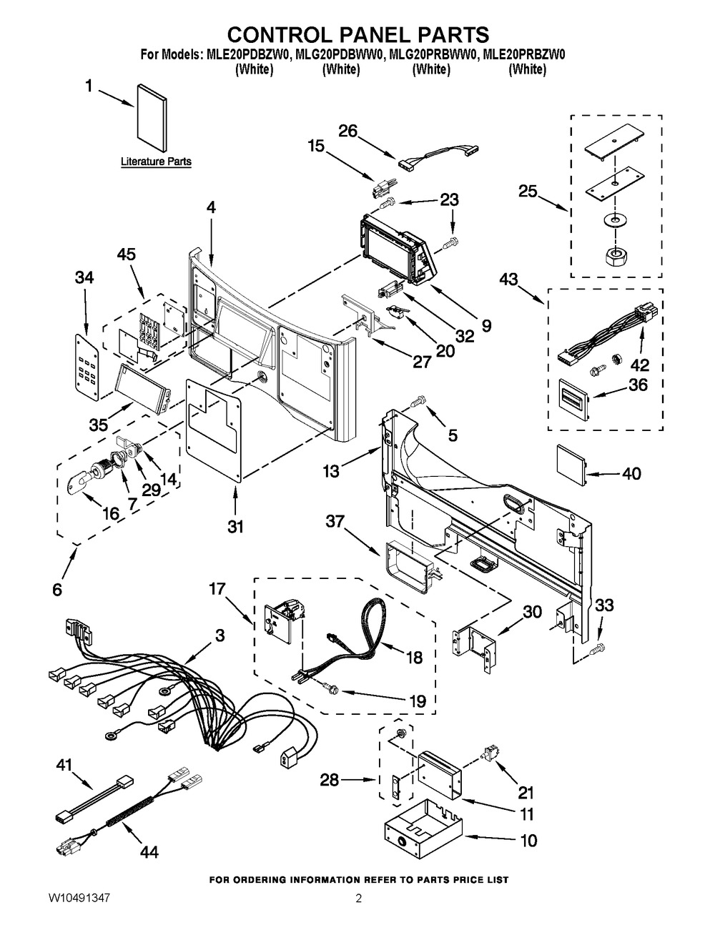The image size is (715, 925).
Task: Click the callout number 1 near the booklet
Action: pyautogui.click(x=89, y=86)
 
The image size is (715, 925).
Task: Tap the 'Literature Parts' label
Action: pyautogui.click(x=156, y=162)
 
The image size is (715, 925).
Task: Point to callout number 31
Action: pyautogui.click(x=235, y=527)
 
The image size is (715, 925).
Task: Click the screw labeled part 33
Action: pyautogui.click(x=599, y=648)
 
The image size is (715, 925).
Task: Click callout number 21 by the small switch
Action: pyautogui.click(x=526, y=791)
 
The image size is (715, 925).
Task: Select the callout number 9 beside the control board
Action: pyautogui.click(x=486, y=326)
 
